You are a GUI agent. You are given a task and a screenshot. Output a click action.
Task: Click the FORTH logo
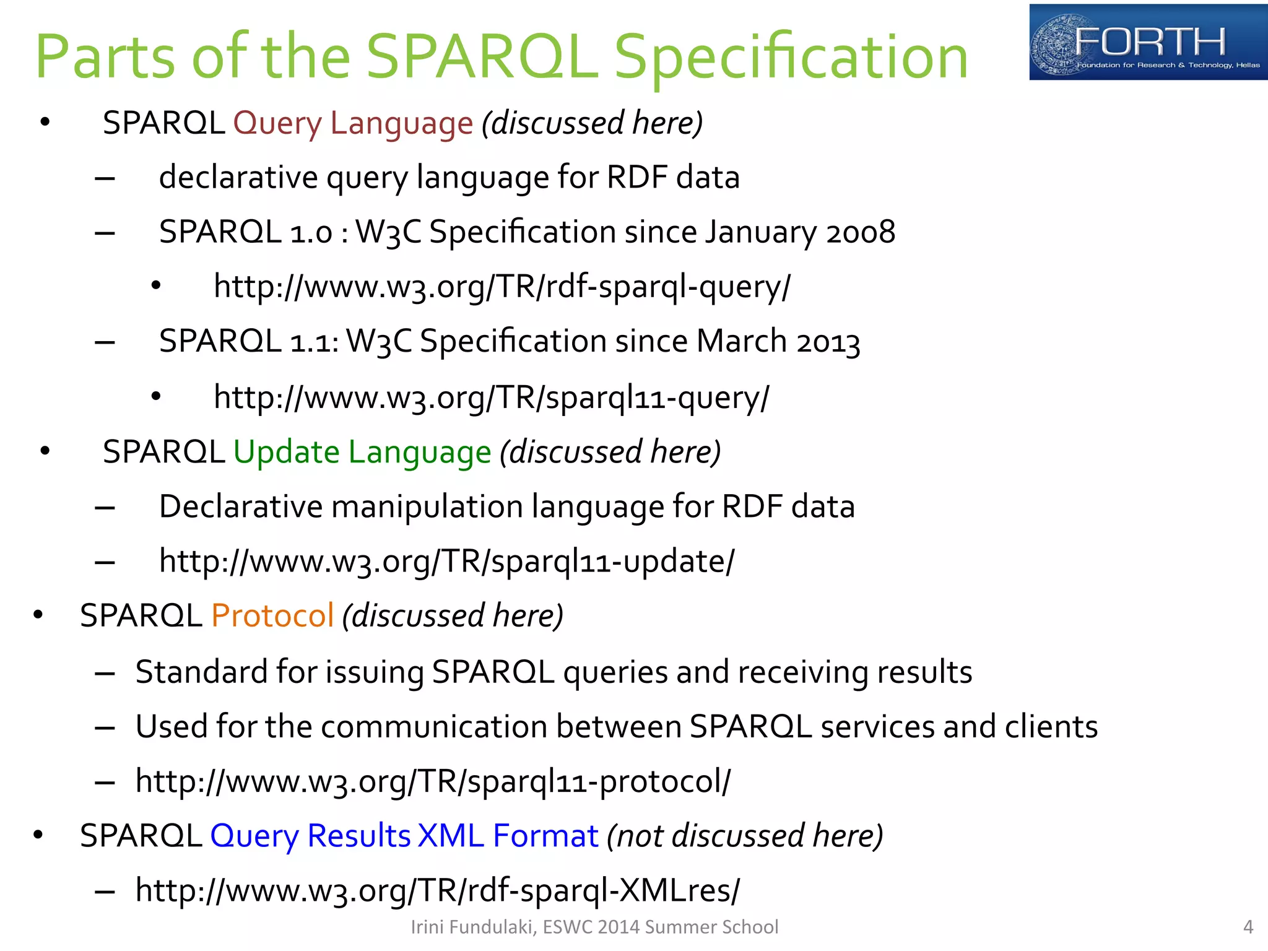1147,42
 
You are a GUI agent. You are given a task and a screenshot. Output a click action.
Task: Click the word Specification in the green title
791,57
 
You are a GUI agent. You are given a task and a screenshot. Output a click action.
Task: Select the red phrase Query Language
353,123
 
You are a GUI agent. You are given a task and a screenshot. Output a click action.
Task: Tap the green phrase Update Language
362,452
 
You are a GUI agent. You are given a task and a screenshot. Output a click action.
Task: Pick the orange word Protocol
272,615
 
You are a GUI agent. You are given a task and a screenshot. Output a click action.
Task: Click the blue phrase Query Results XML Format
404,836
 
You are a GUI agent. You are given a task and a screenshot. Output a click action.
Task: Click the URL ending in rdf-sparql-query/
502,287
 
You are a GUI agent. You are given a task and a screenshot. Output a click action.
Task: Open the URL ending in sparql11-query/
491,397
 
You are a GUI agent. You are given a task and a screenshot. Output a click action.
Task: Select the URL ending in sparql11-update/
446,562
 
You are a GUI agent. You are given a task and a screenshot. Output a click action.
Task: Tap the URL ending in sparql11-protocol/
433,781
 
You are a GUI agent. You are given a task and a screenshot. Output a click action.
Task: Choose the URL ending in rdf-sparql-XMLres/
437,891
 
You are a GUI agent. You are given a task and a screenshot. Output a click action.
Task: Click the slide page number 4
1248,927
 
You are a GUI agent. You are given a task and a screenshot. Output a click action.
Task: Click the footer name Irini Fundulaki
472,927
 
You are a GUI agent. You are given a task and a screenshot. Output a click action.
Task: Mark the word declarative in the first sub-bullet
238,178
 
